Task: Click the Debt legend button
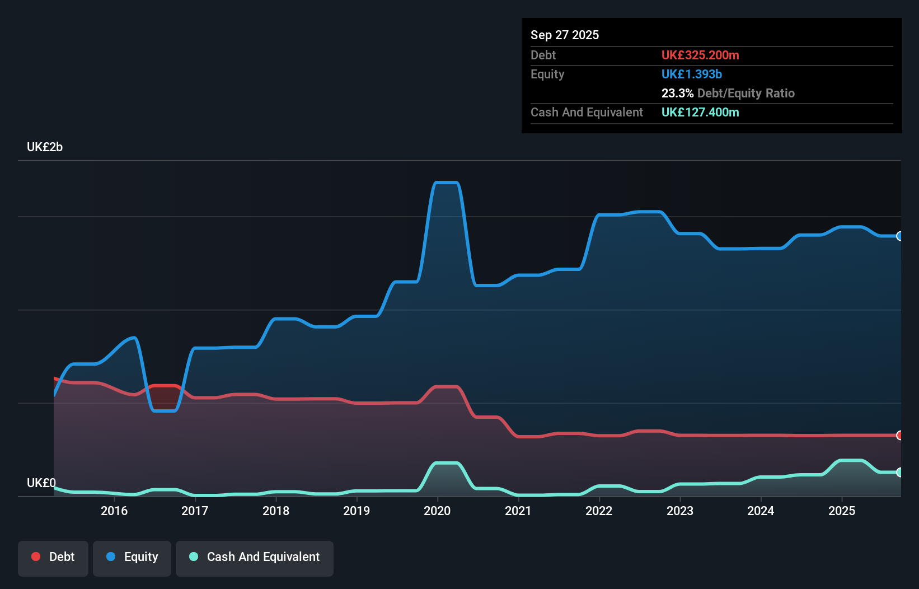coord(53,557)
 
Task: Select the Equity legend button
coord(132,557)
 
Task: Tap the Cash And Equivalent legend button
coord(255,557)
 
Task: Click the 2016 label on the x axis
coord(114,511)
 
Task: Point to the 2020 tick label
coord(437,511)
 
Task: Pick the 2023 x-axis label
coord(680,511)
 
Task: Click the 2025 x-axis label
coord(842,511)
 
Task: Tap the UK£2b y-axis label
coord(45,147)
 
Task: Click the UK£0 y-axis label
coord(41,483)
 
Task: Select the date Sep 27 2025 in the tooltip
coord(565,35)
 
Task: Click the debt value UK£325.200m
coord(700,55)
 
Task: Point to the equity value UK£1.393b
coord(692,74)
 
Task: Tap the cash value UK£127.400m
coord(700,112)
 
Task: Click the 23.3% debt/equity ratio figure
coord(677,93)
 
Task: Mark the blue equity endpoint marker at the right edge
coord(899,236)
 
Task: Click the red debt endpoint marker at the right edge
coord(899,435)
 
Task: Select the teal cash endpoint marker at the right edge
coord(899,472)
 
